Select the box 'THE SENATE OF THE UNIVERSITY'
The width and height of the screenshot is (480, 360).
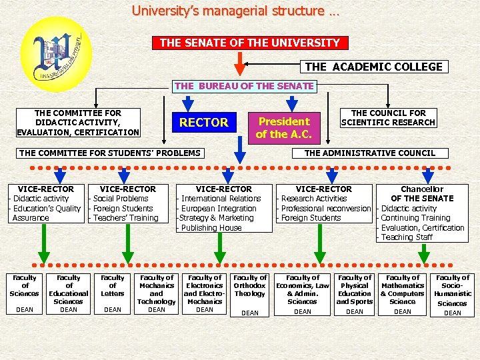coord(250,43)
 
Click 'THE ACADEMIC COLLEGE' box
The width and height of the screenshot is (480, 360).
coord(373,67)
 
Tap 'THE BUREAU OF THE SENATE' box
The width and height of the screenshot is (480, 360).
coord(244,86)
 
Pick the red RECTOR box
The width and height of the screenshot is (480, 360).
coord(203,123)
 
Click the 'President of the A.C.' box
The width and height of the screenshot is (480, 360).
coord(284,127)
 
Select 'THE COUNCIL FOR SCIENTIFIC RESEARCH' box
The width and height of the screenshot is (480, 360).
coord(388,118)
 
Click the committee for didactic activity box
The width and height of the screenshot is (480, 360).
coord(78,123)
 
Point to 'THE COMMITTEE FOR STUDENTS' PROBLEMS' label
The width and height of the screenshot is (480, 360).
coord(109,153)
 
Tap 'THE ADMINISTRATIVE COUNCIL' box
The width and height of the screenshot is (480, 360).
coord(369,153)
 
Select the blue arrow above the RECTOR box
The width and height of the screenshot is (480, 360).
coord(188,101)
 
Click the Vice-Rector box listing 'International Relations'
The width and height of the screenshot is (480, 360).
coord(224,208)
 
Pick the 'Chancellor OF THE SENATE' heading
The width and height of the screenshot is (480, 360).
coord(422,193)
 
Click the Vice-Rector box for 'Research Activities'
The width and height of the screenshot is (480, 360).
coord(324,203)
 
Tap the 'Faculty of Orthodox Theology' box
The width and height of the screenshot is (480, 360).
coord(250,293)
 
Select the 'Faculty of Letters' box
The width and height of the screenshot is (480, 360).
coord(113,293)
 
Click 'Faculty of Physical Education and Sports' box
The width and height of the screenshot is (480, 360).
coord(355,293)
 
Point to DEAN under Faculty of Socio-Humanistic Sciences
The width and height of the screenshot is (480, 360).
coord(453,313)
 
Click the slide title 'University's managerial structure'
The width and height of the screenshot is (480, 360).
coord(235,11)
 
